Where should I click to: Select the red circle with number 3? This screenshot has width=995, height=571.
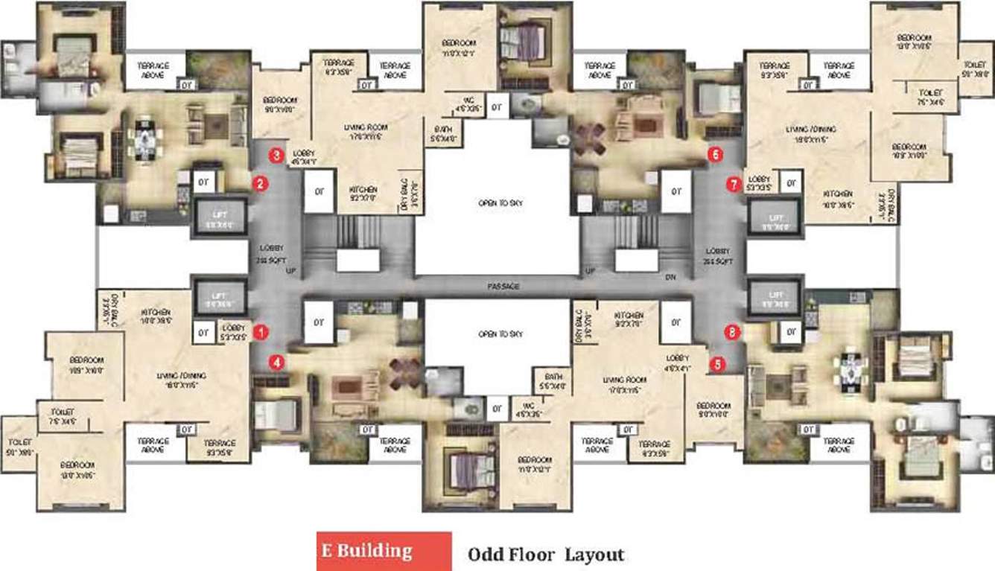tap(276, 156)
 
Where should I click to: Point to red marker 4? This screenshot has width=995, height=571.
tap(277, 362)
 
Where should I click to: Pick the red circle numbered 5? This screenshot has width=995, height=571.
tap(718, 364)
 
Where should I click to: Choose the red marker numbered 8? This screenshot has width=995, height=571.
tap(733, 334)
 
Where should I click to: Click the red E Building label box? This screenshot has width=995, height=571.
tap(384, 551)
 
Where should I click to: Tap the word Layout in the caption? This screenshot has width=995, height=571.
tap(594, 555)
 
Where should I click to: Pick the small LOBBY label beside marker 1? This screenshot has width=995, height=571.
tap(233, 331)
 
